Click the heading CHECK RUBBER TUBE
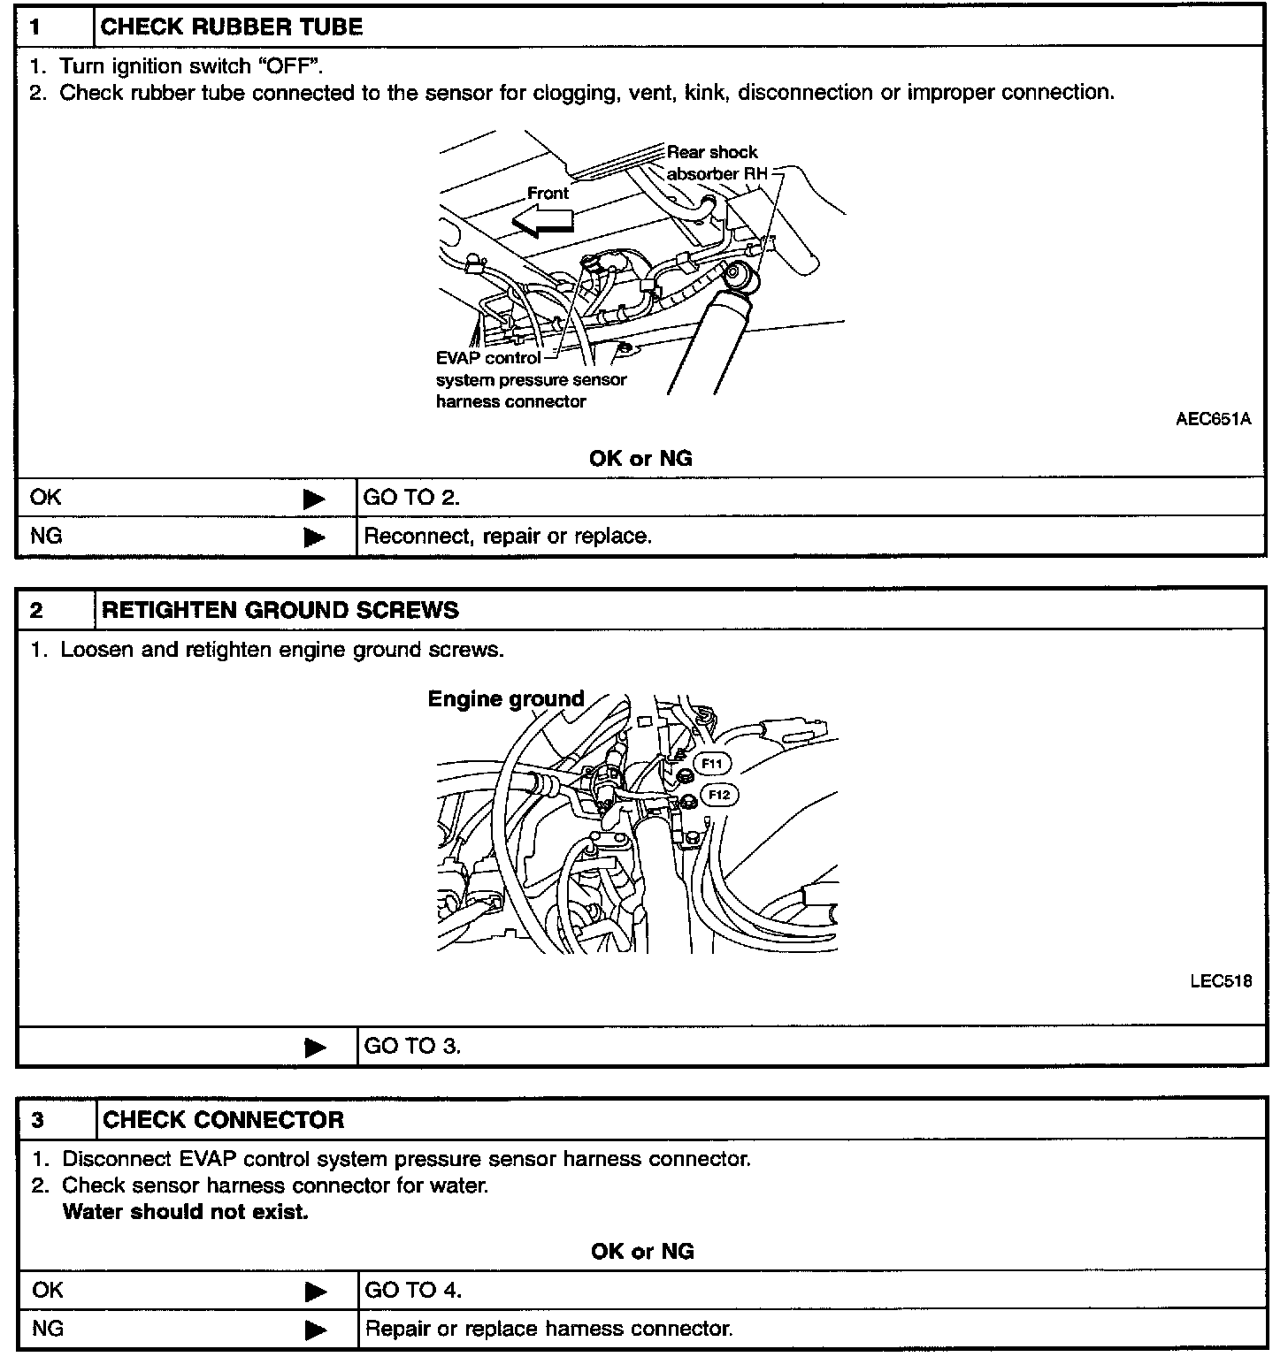(232, 27)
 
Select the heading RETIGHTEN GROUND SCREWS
(280, 610)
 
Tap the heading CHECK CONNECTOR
(224, 1120)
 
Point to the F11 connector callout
(712, 764)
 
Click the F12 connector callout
(719, 796)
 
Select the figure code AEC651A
(1213, 419)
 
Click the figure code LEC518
(1221, 981)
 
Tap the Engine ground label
(506, 699)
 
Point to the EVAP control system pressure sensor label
(531, 379)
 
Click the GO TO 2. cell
(411, 498)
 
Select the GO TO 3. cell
(412, 1047)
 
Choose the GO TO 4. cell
(413, 1291)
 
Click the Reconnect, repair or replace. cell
(508, 536)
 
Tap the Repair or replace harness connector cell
(549, 1329)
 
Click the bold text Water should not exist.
(186, 1212)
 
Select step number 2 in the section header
(37, 610)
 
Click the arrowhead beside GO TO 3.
(314, 1048)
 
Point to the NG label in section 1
(46, 536)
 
